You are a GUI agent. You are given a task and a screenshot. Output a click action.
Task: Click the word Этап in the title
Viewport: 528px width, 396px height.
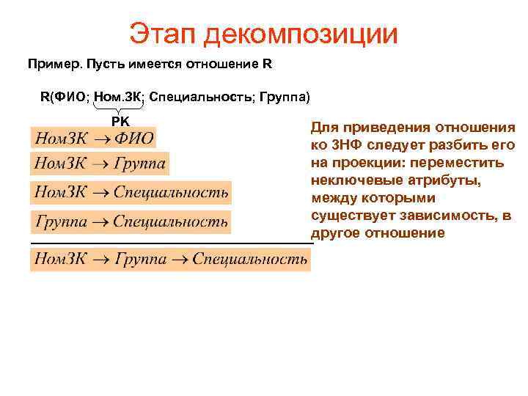click(x=164, y=34)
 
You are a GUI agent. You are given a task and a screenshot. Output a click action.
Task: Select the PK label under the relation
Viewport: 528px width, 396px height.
click(x=120, y=120)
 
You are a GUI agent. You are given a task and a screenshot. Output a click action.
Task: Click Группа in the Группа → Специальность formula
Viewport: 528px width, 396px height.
click(x=61, y=221)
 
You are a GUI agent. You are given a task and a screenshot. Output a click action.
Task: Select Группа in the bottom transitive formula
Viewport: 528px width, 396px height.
click(x=140, y=259)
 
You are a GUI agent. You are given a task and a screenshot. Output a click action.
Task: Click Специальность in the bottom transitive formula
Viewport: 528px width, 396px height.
click(x=250, y=259)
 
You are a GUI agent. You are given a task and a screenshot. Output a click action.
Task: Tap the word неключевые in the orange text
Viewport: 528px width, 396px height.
click(x=351, y=180)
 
